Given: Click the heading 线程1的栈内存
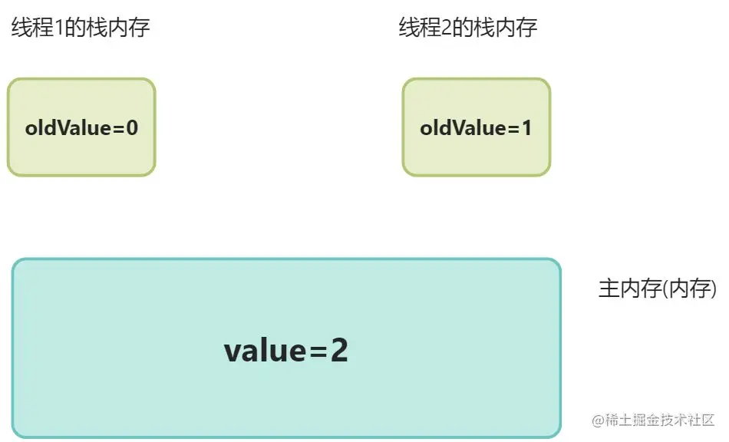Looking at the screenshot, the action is click(x=80, y=29).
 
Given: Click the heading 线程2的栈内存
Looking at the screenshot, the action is click(x=467, y=29).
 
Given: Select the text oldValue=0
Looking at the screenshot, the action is click(x=81, y=127).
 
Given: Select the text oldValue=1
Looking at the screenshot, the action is click(x=476, y=127).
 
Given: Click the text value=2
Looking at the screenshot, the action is click(x=286, y=351).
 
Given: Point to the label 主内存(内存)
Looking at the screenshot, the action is click(x=658, y=289).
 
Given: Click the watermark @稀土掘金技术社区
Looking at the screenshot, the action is click(x=653, y=421).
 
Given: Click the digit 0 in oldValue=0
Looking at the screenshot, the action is click(x=132, y=127).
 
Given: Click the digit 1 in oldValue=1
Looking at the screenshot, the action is click(x=526, y=127).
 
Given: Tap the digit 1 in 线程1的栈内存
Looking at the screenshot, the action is click(x=55, y=29).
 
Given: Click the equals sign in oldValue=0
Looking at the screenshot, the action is click(x=118, y=128).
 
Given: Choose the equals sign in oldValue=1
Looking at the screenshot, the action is click(x=513, y=128).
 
